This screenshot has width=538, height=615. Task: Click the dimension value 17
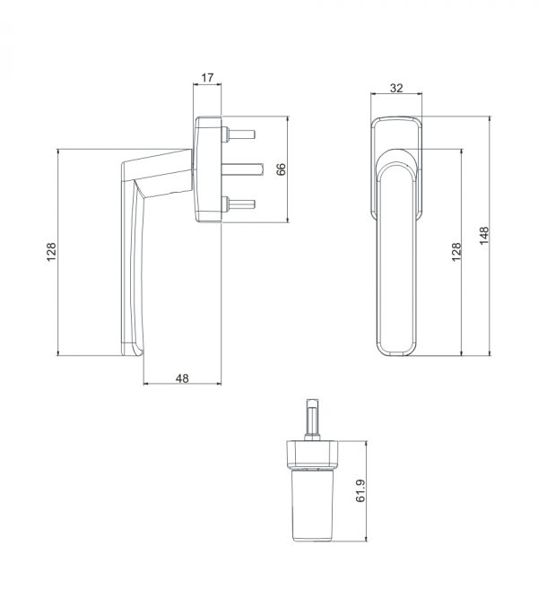208,77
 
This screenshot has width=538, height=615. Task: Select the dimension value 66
281,169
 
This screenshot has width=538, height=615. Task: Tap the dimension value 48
182,378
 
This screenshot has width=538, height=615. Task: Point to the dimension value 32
396,88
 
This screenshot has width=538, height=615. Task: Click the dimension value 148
484,235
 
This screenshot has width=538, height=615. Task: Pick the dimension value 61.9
360,490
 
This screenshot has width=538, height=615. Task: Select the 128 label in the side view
51,252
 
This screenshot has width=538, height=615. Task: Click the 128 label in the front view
456,252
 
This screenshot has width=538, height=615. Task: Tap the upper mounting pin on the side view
239,134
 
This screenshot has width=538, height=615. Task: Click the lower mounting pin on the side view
239,204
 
